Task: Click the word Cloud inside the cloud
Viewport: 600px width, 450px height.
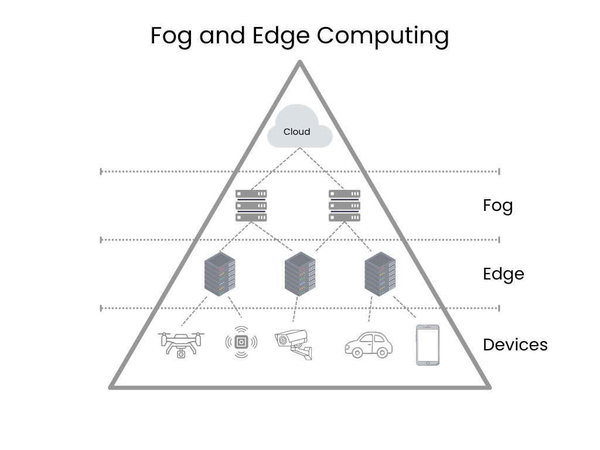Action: (296, 132)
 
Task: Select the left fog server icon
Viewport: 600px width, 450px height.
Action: (251, 205)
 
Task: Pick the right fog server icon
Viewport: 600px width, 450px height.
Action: (345, 205)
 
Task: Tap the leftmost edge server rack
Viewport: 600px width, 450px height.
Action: (220, 274)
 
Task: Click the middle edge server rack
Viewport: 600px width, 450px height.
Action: (300, 274)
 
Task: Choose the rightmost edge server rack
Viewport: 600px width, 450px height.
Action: (380, 274)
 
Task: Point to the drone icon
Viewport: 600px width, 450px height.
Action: (182, 345)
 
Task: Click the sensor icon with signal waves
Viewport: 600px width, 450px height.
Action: (241, 343)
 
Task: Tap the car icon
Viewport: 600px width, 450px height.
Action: (369, 345)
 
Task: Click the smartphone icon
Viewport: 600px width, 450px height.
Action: (428, 345)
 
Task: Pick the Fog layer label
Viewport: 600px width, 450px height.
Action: (497, 206)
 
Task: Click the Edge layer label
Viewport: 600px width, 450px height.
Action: (503, 274)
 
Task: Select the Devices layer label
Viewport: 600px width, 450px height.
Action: (515, 345)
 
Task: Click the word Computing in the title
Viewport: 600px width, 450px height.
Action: (383, 35)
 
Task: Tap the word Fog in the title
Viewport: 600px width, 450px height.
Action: (172, 35)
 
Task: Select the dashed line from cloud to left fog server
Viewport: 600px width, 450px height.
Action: (275, 168)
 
